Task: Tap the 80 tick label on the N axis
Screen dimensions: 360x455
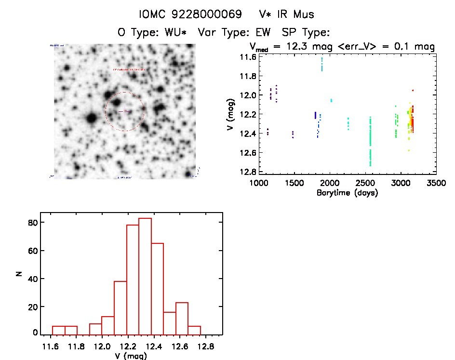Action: [x=32, y=223]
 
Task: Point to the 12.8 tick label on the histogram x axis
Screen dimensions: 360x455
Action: [x=209, y=347]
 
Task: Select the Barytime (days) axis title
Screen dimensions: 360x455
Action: [x=347, y=193]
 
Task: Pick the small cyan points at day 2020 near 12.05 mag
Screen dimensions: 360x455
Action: [x=331, y=100]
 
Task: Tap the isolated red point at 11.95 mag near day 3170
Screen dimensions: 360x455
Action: [x=413, y=90]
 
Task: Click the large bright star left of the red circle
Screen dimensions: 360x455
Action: [x=91, y=118]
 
